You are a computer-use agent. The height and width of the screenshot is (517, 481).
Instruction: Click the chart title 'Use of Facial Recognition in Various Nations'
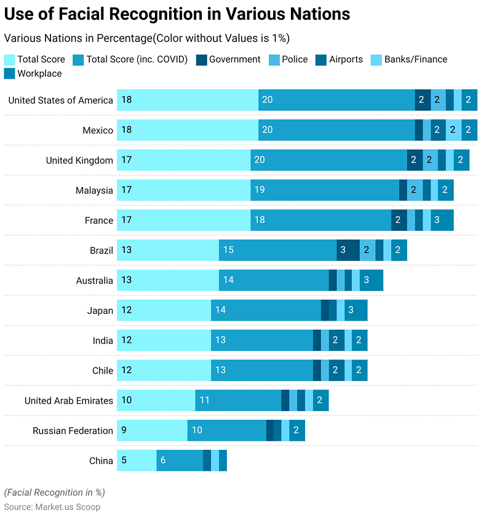(177, 14)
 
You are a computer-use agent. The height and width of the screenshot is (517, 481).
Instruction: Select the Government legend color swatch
(201, 60)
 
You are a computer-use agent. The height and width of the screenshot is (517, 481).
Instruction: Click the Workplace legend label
(39, 73)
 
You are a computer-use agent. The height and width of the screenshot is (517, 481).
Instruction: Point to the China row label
(101, 461)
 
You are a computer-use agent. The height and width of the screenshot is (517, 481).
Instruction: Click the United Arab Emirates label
(69, 401)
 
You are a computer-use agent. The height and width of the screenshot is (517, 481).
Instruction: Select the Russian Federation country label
(73, 431)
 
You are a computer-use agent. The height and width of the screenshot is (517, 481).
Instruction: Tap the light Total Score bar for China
(137, 460)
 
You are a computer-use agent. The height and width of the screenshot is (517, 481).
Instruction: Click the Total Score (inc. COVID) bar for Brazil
(277, 250)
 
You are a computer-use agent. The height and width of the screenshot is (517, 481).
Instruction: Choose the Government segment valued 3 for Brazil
(348, 250)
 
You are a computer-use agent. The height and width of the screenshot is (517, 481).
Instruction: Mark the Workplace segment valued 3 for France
(442, 220)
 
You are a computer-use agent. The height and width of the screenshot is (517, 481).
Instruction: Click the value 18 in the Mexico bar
(127, 130)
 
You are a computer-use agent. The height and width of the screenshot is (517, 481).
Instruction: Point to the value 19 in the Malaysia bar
(260, 190)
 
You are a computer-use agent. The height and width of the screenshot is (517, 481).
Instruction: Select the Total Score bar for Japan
(164, 310)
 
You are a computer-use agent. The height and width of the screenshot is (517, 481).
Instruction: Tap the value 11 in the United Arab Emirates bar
(205, 401)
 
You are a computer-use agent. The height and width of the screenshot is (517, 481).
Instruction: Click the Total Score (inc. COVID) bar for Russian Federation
(226, 431)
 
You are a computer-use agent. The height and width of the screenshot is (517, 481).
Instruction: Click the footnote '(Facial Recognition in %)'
(54, 492)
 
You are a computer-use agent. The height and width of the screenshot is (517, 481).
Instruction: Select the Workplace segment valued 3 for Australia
(372, 280)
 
